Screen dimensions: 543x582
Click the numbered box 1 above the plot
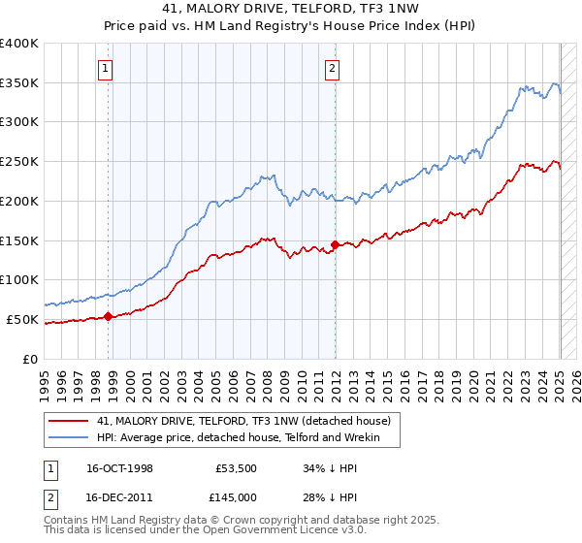(x=104, y=68)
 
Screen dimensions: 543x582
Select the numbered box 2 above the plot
(x=332, y=68)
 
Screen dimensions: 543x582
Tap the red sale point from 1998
(x=109, y=315)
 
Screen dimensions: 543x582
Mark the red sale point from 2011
(x=335, y=244)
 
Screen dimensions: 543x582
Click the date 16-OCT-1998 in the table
(x=119, y=467)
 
